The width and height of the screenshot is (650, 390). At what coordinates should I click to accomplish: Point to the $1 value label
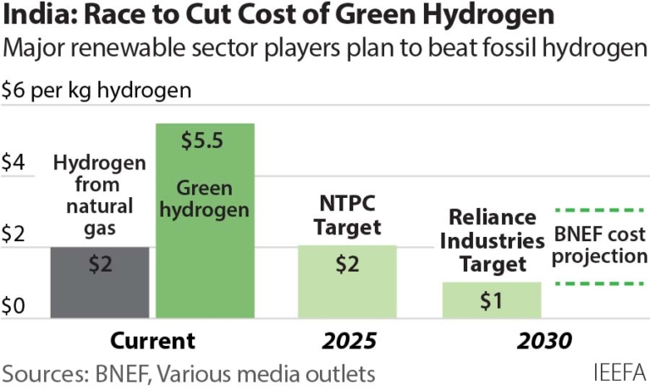pos(492,299)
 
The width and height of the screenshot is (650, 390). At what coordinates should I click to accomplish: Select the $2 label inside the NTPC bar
pos(347,264)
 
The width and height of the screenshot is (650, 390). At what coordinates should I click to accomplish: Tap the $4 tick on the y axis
pos(15,162)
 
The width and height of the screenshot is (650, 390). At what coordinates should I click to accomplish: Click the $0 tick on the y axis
pos(15,305)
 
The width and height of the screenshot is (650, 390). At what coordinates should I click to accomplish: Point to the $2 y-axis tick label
pos(15,234)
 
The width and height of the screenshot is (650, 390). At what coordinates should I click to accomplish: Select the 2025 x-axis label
pos(348,341)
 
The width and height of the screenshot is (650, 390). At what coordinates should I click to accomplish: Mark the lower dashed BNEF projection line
pos(599,283)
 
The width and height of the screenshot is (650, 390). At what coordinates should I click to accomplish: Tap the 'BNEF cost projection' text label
pos(599,245)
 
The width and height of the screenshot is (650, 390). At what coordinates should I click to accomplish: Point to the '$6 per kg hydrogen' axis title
pos(96,90)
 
